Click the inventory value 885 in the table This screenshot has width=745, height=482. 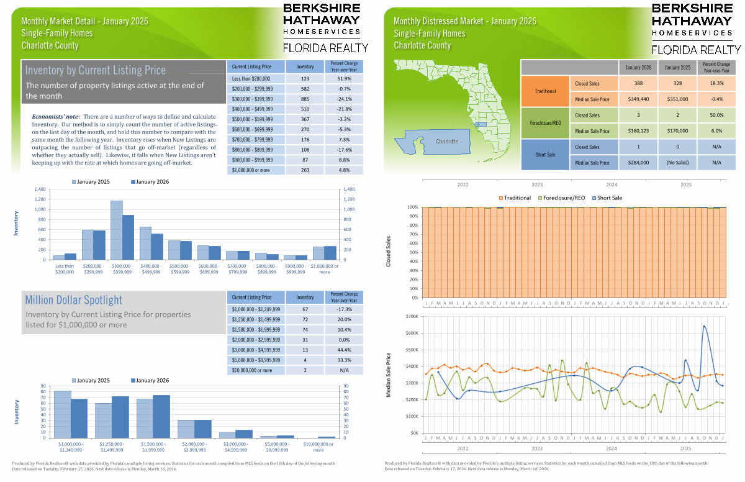pyautogui.click(x=305, y=99)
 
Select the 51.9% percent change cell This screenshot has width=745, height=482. pyautogui.click(x=343, y=79)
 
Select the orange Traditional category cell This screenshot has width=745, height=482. pyautogui.click(x=545, y=91)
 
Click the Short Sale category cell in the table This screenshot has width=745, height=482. pyautogui.click(x=545, y=155)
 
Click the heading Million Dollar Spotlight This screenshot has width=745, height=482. pyautogui.click(x=74, y=300)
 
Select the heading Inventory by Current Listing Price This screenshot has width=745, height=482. pyautogui.click(x=96, y=70)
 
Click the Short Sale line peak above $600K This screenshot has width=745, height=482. pyautogui.click(x=704, y=326)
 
